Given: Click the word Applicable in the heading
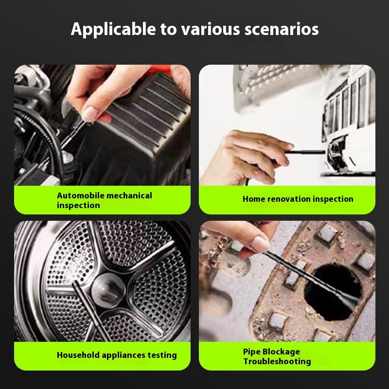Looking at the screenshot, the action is coord(114,29).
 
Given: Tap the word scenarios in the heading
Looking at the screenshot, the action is coord(282,29).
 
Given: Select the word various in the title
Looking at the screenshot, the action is coord(211,29).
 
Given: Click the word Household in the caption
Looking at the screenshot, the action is coord(78,355).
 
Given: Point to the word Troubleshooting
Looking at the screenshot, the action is coord(277,361).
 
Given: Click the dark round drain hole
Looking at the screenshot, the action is coord(333,292).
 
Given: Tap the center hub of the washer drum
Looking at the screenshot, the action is coord(108,290).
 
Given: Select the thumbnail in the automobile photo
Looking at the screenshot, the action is coord(90,114).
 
